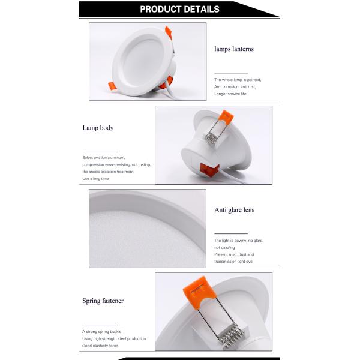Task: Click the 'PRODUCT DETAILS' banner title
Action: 179,9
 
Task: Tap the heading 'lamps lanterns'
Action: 234,49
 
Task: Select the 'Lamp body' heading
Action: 98,128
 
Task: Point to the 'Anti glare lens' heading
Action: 235,209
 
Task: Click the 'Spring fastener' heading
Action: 103,301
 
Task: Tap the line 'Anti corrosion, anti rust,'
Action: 235,87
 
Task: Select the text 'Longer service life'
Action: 230,94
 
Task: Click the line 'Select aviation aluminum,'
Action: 104,157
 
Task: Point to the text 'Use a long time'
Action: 95,178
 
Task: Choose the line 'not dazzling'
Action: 224,247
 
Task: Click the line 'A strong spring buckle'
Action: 102,332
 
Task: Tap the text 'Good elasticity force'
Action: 100,346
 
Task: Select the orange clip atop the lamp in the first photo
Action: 169,32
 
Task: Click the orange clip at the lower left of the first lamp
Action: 113,87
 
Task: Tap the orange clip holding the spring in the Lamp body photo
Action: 226,116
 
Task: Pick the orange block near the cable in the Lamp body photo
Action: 209,170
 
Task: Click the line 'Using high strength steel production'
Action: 114,338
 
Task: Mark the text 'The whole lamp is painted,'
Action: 238,80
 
